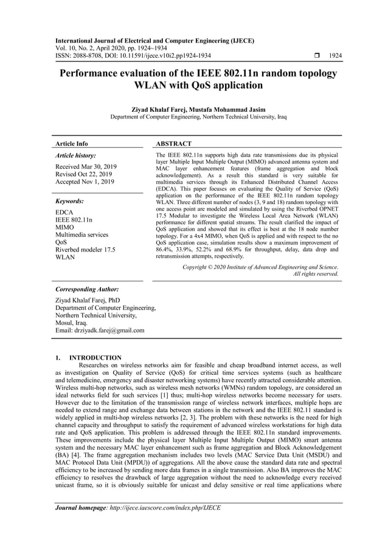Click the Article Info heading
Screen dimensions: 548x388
(x=71, y=144)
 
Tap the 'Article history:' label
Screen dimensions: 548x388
(x=75, y=156)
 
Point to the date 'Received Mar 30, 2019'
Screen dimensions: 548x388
(x=86, y=166)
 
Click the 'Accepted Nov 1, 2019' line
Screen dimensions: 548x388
(x=85, y=182)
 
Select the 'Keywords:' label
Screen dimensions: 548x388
(x=69, y=201)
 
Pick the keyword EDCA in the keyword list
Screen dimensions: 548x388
(x=64, y=212)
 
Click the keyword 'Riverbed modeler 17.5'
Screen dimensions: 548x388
(x=85, y=249)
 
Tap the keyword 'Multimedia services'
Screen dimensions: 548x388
(x=81, y=235)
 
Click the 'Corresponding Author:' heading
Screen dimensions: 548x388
(x=87, y=290)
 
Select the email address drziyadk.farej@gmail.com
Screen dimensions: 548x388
(x=100, y=331)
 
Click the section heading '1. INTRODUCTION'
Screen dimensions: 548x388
(x=88, y=358)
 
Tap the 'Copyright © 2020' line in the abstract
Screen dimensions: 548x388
(x=260, y=267)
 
